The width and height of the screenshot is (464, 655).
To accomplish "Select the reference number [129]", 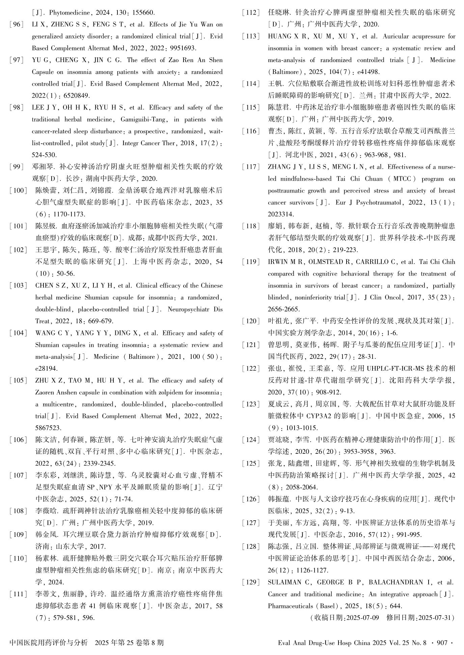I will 251,582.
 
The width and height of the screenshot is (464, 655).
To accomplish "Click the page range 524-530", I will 44,155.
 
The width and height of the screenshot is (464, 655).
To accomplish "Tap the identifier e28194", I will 46,369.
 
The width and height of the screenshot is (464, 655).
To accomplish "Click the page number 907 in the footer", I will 442,643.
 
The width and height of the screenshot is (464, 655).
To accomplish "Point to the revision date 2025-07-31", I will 434,618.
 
